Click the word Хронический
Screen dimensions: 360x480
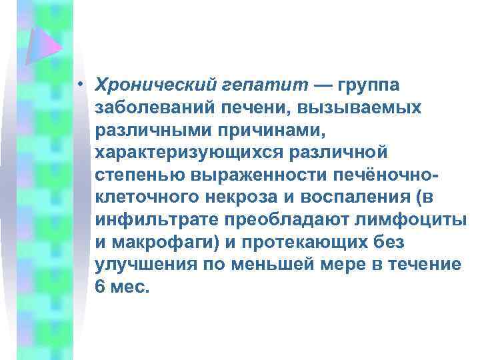point(155,85)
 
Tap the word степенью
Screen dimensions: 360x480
point(138,176)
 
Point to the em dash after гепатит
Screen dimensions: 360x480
point(322,85)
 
